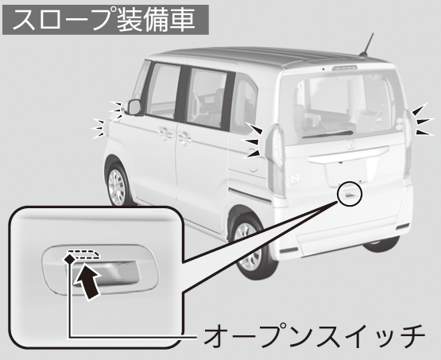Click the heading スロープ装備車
tap(105, 20)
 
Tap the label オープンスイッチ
tap(314, 336)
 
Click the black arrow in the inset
tap(87, 281)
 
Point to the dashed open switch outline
tap(83, 254)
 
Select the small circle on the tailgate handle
tap(350, 193)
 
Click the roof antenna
tap(367, 45)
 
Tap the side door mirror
tap(134, 106)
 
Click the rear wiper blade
tap(327, 134)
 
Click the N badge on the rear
tap(295, 179)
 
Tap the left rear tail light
tap(276, 161)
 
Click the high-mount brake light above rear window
tap(345, 68)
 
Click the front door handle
tap(165, 134)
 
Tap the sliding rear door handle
tap(184, 138)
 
